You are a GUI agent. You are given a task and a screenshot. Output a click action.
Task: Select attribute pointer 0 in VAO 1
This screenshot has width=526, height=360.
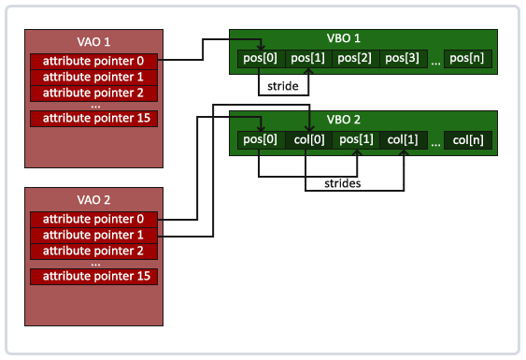point(93,61)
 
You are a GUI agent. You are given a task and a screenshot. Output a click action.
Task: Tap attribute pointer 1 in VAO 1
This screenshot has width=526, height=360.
point(93,77)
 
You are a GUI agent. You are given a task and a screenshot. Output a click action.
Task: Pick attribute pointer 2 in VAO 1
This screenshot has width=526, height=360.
point(93,93)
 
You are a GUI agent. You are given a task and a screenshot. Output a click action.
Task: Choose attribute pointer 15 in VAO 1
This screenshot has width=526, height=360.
point(93,119)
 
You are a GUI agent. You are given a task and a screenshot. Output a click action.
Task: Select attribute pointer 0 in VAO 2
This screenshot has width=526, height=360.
point(93,219)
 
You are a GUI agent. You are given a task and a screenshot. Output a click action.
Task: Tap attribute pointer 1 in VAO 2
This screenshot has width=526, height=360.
point(93,235)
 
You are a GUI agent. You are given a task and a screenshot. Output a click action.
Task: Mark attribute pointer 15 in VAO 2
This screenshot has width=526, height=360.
point(93,277)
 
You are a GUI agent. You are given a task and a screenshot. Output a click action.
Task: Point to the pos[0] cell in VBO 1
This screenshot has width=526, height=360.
point(259,59)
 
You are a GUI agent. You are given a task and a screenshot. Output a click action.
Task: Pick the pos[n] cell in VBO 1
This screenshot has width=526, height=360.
point(467,59)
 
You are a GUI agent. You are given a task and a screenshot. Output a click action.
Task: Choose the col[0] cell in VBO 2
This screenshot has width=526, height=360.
point(307,140)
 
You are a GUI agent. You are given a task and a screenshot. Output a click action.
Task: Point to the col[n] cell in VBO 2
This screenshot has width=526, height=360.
point(467,140)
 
